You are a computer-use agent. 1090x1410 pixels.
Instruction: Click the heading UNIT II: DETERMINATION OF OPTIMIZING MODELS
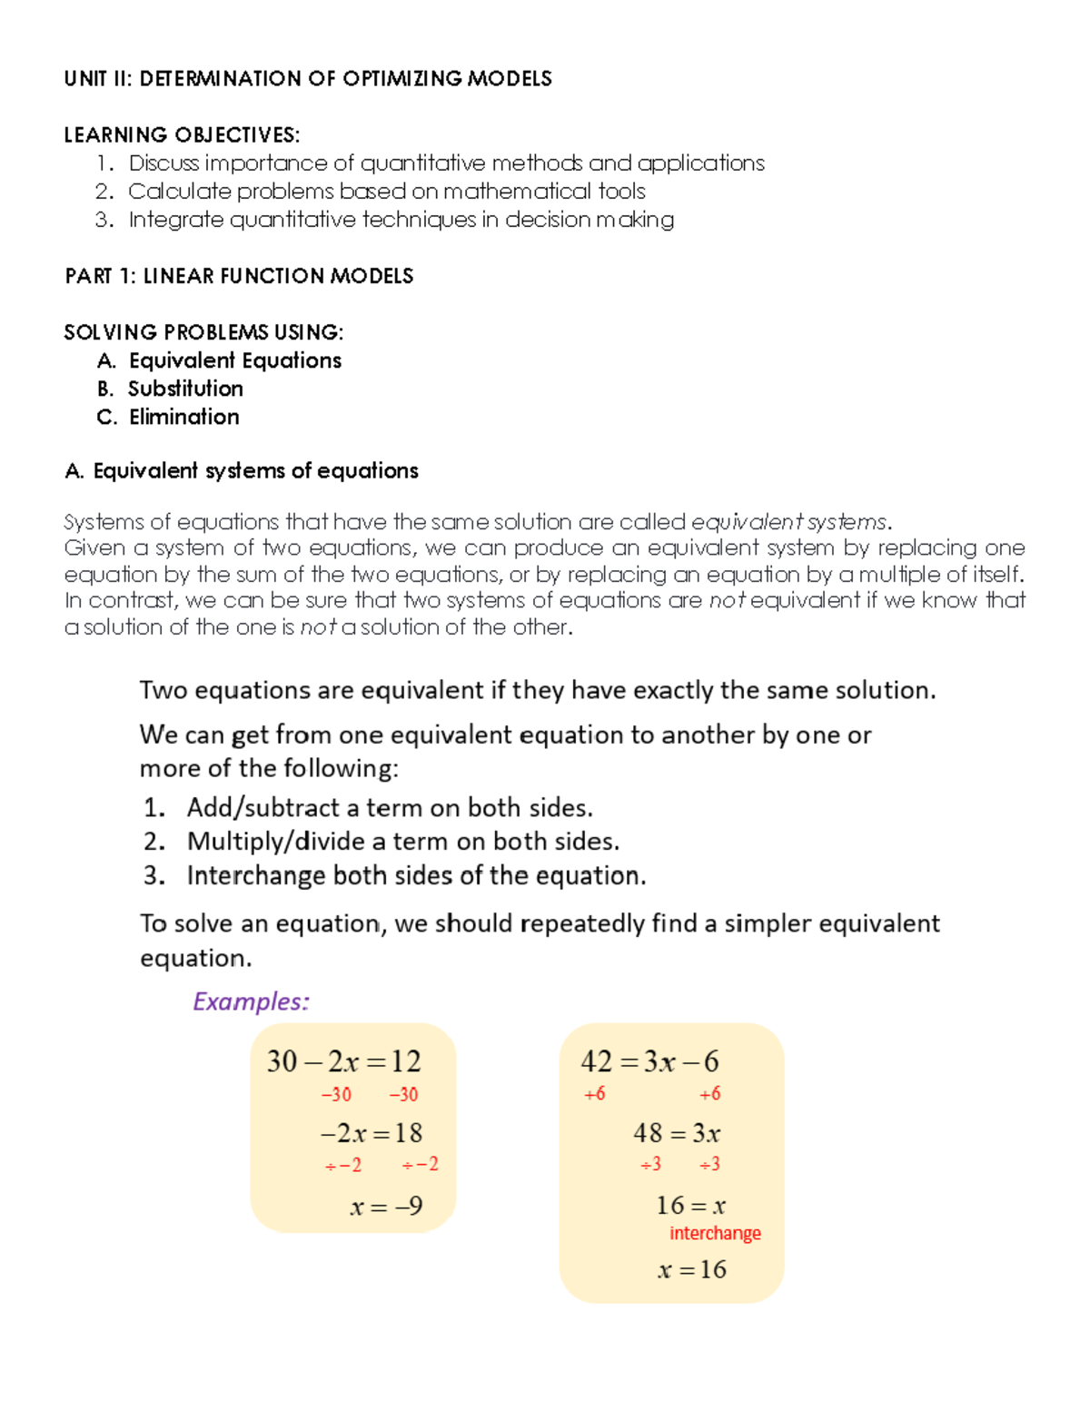(307, 79)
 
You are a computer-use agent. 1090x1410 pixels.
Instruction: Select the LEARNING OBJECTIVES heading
(182, 135)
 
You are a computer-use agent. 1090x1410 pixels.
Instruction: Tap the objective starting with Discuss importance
(446, 163)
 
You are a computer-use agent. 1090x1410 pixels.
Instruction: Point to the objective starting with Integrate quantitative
(401, 220)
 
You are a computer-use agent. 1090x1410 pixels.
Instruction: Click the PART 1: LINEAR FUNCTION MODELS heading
(239, 276)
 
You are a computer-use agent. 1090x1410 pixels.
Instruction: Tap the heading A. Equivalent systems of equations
(242, 470)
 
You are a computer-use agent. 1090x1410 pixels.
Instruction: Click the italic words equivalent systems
(788, 522)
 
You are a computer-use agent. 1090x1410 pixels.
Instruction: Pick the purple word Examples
(251, 1001)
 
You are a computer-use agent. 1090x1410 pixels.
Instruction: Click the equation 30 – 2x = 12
(343, 1061)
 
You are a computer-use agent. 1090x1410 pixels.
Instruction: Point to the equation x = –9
(386, 1206)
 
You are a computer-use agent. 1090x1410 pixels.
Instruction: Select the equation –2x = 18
(371, 1133)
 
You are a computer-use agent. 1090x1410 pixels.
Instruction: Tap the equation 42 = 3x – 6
(649, 1061)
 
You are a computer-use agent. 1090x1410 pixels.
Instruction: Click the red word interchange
(715, 1233)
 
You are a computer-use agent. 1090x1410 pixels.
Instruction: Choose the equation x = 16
(691, 1269)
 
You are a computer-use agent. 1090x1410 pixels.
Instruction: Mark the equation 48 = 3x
(677, 1133)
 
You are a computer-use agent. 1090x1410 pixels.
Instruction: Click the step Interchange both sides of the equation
(416, 876)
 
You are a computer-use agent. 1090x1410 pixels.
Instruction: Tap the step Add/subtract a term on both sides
(389, 808)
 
